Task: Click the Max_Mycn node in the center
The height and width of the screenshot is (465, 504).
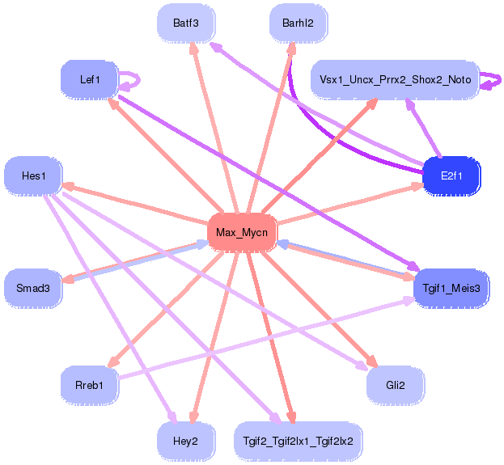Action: pos(242,233)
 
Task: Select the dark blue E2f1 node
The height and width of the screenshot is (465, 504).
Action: pos(451,175)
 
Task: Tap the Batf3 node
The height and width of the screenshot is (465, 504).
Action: pos(186,23)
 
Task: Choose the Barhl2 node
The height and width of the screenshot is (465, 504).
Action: pos(298,23)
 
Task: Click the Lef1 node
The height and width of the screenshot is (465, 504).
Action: pos(89,79)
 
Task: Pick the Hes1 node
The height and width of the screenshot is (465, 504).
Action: pos(33,175)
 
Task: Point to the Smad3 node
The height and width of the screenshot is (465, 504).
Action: pos(33,288)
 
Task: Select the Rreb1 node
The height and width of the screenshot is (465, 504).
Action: pos(89,385)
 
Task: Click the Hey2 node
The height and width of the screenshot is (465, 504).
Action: pos(186,441)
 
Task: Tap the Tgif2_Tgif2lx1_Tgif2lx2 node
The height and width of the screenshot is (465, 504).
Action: pos(298,441)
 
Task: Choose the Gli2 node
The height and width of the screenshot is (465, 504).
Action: pos(395,385)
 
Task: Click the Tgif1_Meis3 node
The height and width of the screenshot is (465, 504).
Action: pos(451,288)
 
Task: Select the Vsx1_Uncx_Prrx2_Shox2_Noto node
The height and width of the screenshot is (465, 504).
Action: pos(395,79)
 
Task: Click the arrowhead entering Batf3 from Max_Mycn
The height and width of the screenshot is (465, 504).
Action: pos(193,48)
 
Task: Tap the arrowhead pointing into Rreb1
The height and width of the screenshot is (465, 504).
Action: pos(112,363)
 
